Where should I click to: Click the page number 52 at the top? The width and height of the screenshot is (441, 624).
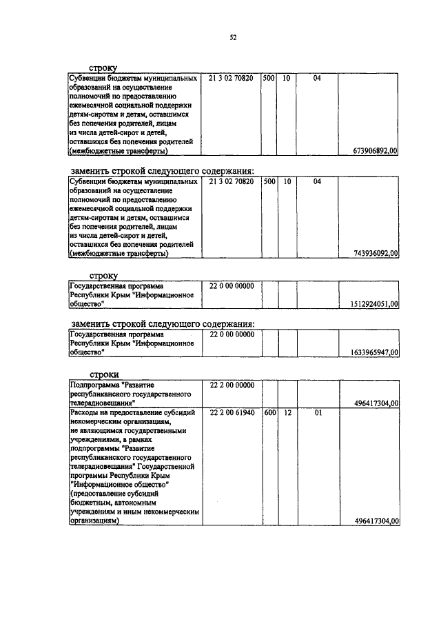click(233, 39)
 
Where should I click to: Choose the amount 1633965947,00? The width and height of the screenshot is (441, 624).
click(369, 352)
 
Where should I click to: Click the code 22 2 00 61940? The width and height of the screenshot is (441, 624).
click(231, 412)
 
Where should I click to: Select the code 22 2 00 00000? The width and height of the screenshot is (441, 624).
click(231, 385)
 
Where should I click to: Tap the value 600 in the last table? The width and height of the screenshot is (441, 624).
click(270, 412)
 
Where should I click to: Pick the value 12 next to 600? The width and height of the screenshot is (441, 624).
click(287, 412)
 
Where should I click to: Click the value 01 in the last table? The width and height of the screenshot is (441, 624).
click(317, 412)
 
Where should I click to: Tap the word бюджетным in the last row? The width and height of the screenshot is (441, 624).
click(92, 503)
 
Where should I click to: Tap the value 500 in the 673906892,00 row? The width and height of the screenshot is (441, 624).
click(269, 79)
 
